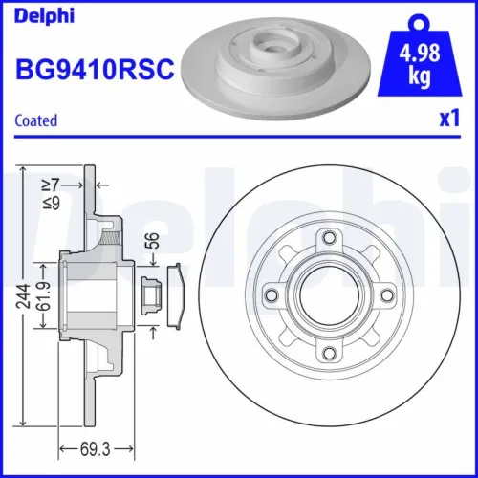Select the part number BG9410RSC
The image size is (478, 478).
click(95, 69)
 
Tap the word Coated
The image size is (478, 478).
click(36, 120)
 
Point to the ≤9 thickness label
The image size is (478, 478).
click(60, 203)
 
